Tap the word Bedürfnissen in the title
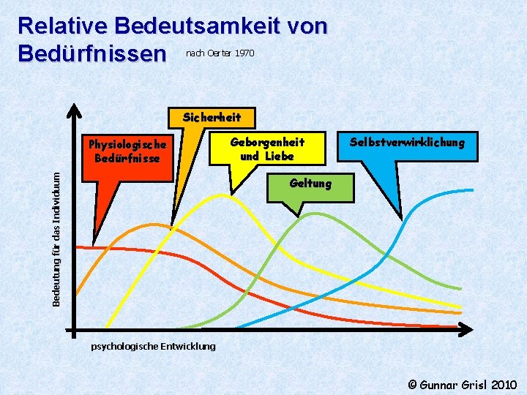pos(92,54)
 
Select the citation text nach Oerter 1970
pos(220,53)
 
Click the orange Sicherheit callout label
pos(211,116)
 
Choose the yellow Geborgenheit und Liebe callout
pos(267,148)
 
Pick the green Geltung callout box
pos(310,184)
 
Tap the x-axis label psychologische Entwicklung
pos(153,346)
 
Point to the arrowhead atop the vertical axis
pos(73,110)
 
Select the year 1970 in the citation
pos(244,53)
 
